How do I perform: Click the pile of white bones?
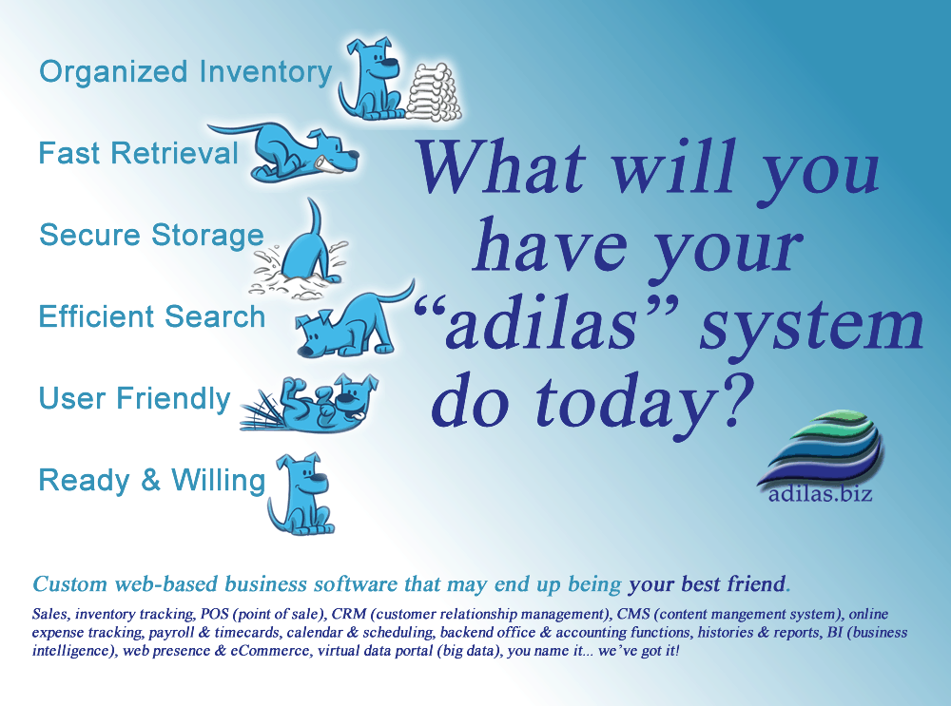click(433, 92)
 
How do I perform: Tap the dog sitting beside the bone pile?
click(371, 79)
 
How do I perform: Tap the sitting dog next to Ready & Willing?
click(301, 494)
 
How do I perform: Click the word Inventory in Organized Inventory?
click(265, 72)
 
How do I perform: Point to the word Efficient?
click(96, 316)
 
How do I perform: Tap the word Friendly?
click(173, 399)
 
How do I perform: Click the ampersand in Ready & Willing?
click(150, 480)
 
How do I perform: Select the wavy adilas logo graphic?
click(820, 448)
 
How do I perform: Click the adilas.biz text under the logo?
click(820, 494)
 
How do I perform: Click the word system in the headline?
click(811, 326)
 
